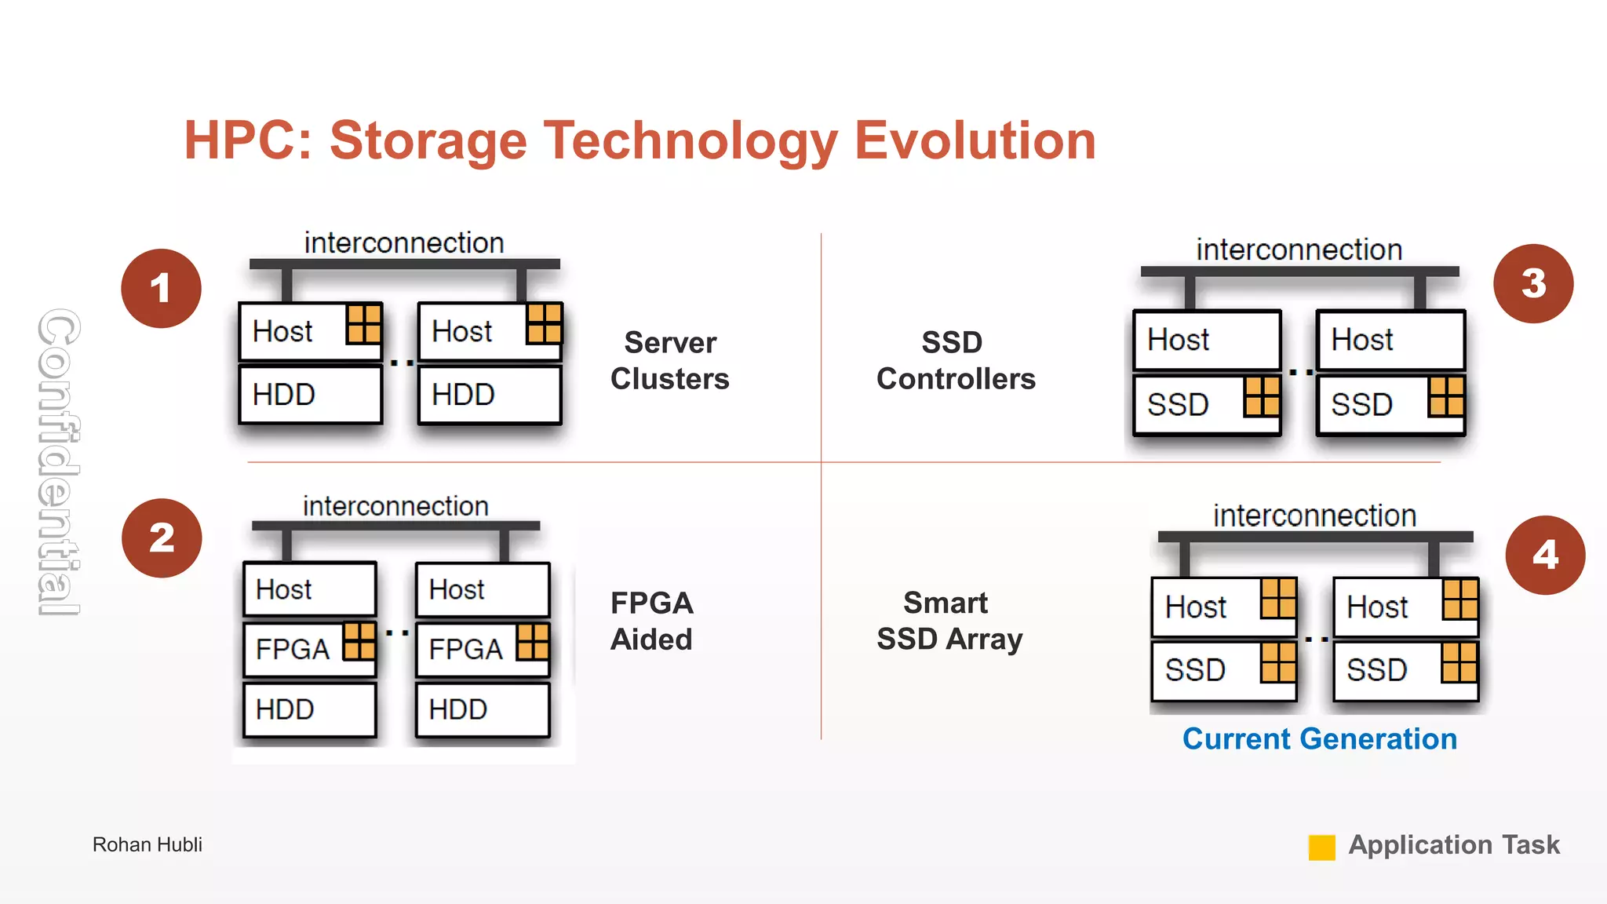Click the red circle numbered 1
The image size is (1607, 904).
click(x=161, y=288)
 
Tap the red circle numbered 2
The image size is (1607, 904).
click(x=162, y=538)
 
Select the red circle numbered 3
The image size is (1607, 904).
click(x=1532, y=283)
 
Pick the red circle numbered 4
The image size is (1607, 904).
click(x=1544, y=555)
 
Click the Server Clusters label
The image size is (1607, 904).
click(x=669, y=360)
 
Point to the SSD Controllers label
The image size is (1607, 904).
click(x=955, y=360)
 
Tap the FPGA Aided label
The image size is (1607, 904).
click(x=651, y=621)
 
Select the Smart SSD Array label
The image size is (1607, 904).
click(x=949, y=621)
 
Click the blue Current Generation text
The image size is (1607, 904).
click(x=1319, y=738)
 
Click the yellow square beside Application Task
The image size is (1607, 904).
click(x=1321, y=847)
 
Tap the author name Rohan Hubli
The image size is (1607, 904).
click(x=147, y=844)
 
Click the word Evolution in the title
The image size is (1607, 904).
click(x=974, y=140)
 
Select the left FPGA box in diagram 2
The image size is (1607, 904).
click(x=309, y=649)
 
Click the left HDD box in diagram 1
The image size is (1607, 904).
click(x=310, y=395)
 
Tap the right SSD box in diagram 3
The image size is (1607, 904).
click(x=1390, y=405)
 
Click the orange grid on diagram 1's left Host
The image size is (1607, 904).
click(x=364, y=323)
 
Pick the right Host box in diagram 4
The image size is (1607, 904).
click(x=1405, y=607)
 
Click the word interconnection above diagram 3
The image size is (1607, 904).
click(x=1299, y=250)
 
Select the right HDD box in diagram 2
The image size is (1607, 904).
click(x=482, y=709)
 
